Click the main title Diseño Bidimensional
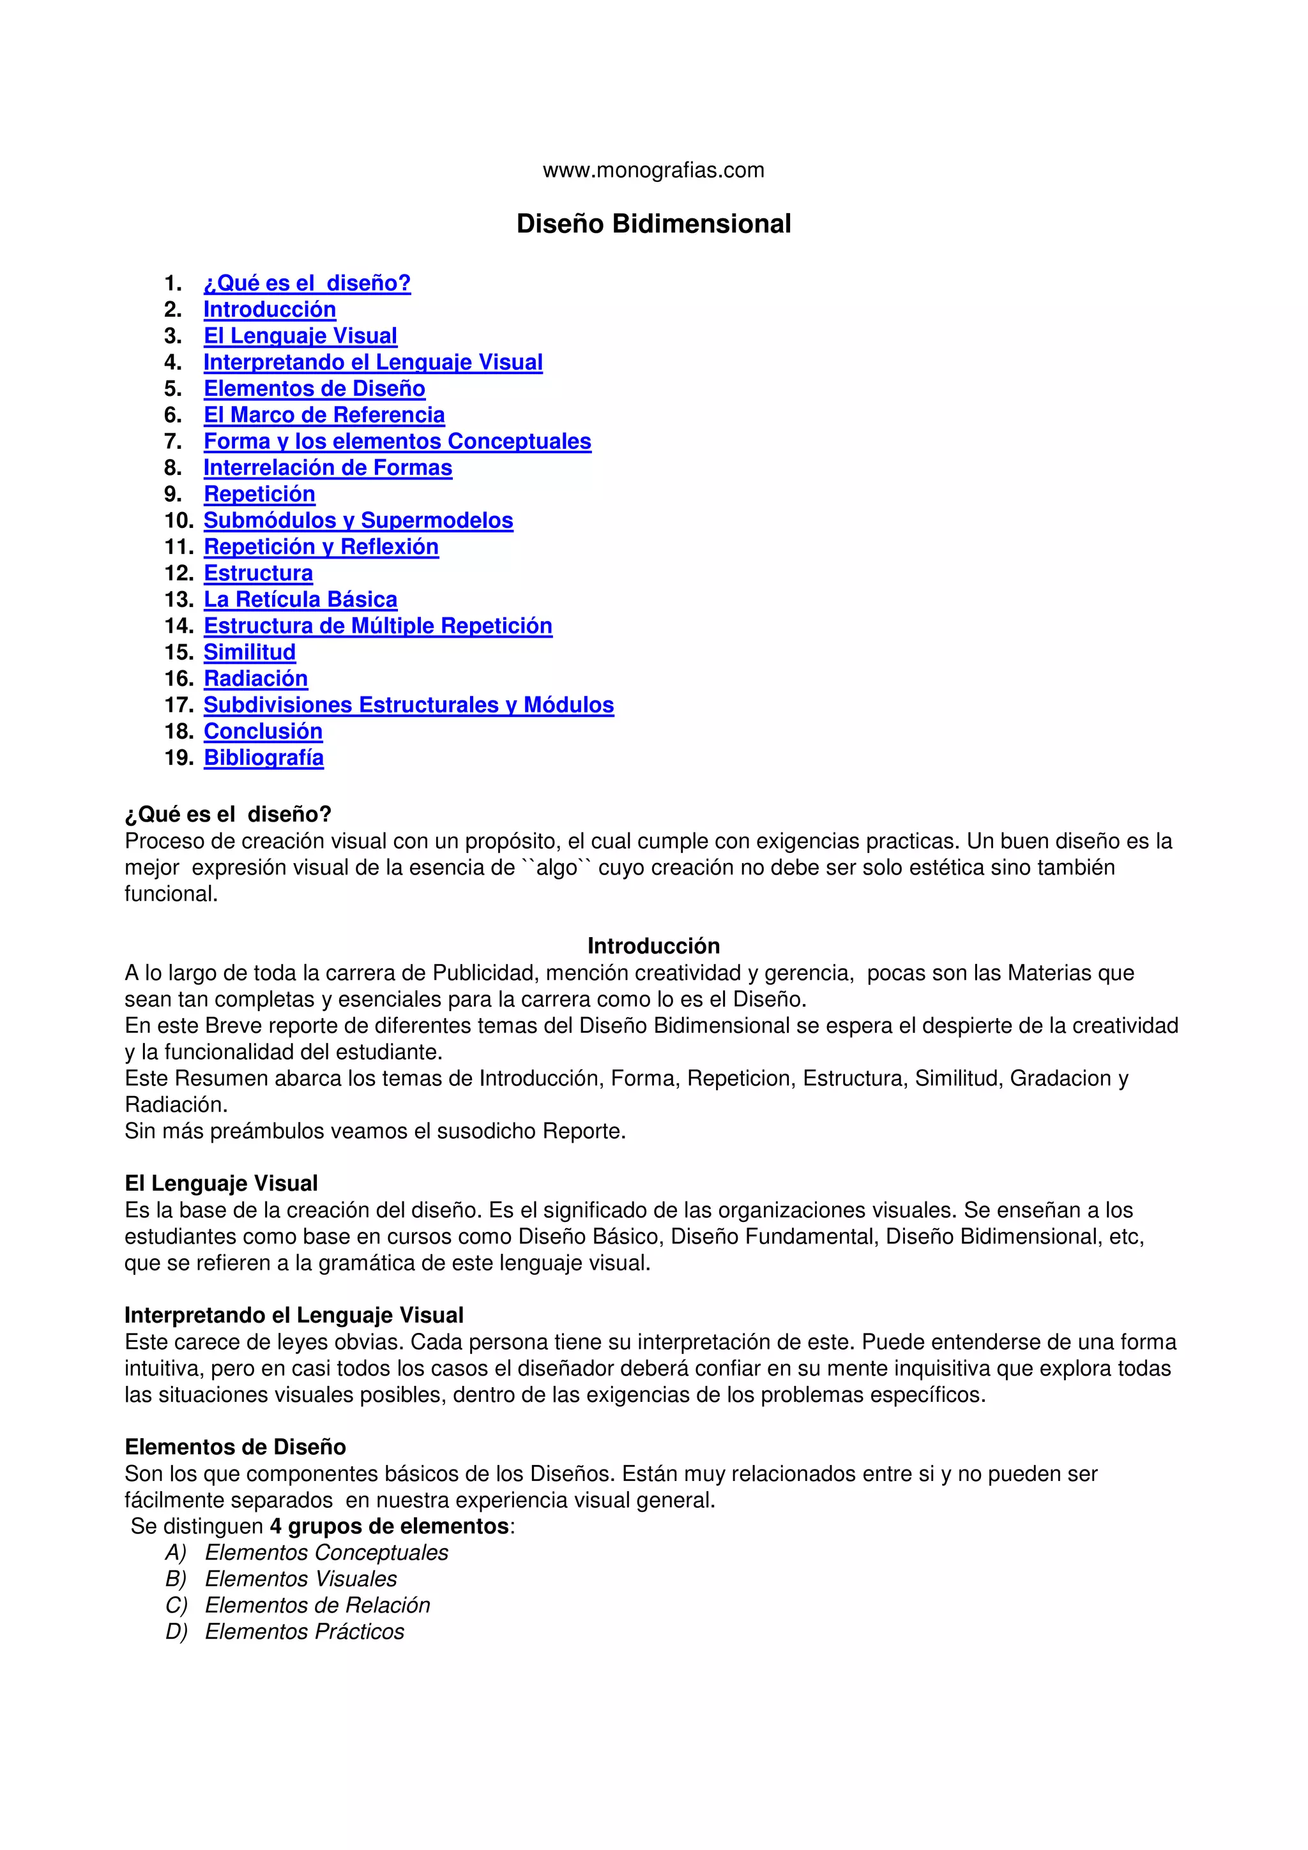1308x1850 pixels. click(653, 224)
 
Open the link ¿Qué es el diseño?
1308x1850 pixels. click(307, 283)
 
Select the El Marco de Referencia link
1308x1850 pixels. click(323, 415)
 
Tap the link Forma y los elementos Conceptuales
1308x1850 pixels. click(397, 442)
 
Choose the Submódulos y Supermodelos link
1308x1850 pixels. click(358, 520)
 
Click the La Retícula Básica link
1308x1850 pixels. click(300, 599)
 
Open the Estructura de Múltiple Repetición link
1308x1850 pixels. click(377, 626)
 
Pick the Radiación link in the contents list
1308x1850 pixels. click(255, 679)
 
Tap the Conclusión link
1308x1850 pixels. click(262, 732)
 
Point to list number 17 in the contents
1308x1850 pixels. click(178, 705)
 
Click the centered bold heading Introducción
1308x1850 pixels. click(653, 946)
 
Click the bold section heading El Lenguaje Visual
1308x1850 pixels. click(221, 1184)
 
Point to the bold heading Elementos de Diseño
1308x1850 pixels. click(234, 1447)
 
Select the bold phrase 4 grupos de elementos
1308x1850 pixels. click(389, 1526)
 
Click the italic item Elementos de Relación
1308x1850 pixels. click(317, 1605)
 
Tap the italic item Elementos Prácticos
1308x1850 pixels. click(304, 1632)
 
